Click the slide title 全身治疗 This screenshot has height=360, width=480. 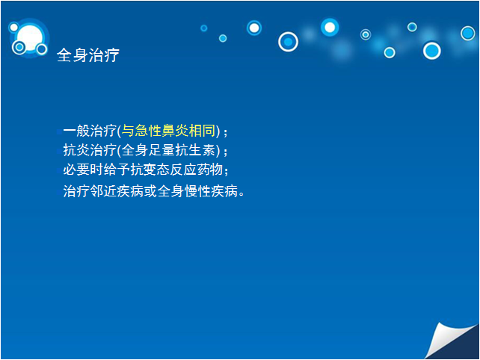[x=88, y=55]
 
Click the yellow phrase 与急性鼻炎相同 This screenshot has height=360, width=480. [x=169, y=131]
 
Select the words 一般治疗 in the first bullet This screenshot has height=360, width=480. [x=90, y=131]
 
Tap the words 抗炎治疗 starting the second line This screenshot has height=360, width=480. [x=90, y=150]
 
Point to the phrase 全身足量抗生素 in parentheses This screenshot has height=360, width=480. [x=169, y=150]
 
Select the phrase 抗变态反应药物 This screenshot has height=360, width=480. [x=176, y=170]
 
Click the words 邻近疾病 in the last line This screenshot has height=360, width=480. [x=117, y=191]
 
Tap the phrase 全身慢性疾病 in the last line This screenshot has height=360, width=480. [x=197, y=191]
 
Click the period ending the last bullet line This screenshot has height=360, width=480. [x=241, y=194]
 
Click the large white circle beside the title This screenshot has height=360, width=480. [x=30, y=37]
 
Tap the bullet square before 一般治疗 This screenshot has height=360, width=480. [x=59, y=132]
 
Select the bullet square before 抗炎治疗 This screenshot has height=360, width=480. [x=59, y=152]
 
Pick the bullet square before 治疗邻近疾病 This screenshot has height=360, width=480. [x=59, y=193]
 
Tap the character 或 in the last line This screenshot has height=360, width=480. [x=150, y=191]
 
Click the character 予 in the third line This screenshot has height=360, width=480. [x=123, y=170]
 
